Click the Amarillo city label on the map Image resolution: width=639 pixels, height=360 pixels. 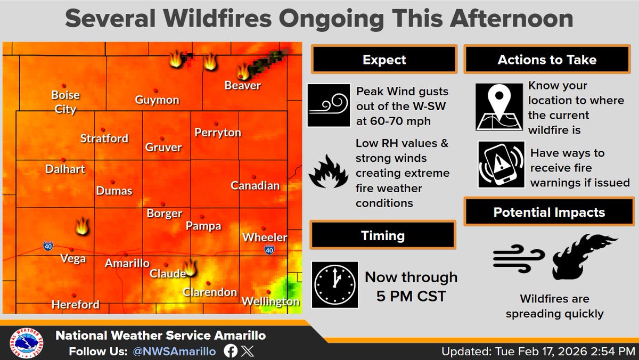127,263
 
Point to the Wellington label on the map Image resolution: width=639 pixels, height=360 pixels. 271,301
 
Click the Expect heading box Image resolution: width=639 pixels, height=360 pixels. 384,60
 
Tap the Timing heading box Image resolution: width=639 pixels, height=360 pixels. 382,235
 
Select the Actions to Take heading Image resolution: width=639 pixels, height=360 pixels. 546,60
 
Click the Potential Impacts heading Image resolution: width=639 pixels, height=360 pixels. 548,212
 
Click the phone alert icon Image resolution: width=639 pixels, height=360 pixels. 501,164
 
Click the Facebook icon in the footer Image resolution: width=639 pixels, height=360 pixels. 231,351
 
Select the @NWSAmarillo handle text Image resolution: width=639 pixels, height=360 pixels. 174,351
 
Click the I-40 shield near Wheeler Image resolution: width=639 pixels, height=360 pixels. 269,249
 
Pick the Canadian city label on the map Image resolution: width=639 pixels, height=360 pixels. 255,185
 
